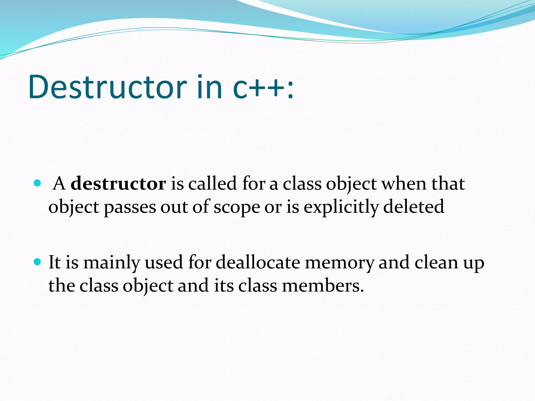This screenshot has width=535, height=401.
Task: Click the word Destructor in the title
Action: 108,87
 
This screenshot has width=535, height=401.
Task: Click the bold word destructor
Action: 118,184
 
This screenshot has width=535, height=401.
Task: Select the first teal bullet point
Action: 38,183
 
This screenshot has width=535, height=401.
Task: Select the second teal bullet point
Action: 38,262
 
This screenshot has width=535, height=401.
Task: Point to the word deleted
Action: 414,207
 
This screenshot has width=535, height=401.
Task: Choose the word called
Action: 212,184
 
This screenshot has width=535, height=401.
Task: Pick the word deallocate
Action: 258,262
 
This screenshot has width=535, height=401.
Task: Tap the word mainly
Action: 112,263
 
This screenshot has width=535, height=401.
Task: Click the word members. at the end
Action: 323,286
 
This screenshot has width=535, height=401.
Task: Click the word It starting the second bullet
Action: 55,262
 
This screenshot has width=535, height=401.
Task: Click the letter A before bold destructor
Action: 59,184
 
